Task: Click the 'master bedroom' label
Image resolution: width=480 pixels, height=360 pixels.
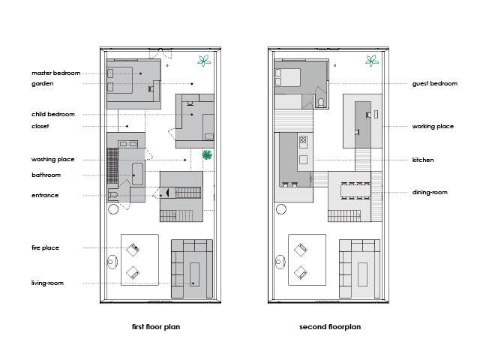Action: click(56, 73)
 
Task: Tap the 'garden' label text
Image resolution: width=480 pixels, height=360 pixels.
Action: click(43, 83)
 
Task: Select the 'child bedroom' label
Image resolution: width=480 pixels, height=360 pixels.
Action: click(53, 114)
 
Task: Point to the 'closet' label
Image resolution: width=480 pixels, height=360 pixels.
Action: click(40, 126)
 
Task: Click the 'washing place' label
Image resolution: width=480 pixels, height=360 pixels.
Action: click(53, 160)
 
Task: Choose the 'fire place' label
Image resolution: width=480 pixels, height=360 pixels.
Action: click(45, 247)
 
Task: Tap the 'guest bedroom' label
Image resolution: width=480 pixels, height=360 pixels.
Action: click(435, 83)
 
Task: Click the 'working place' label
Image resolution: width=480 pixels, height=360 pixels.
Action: click(433, 127)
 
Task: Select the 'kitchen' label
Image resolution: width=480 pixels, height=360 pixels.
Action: click(423, 160)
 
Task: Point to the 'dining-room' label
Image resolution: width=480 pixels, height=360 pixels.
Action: click(430, 192)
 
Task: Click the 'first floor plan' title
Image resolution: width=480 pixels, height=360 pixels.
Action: click(156, 327)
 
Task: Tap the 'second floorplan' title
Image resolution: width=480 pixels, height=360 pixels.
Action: click(330, 327)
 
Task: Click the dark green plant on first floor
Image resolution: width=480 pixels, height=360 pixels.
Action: click(207, 155)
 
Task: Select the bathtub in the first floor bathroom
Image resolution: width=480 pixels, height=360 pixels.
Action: click(137, 174)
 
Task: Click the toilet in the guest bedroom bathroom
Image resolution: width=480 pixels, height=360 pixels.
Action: click(321, 103)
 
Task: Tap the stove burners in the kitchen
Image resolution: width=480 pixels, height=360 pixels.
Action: click(303, 140)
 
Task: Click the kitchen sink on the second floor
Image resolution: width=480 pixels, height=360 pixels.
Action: click(303, 160)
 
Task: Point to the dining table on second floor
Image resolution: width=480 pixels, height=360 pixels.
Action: click(355, 191)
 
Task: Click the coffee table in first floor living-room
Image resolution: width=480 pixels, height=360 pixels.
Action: click(194, 274)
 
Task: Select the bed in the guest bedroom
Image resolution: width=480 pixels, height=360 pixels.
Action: click(287, 77)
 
